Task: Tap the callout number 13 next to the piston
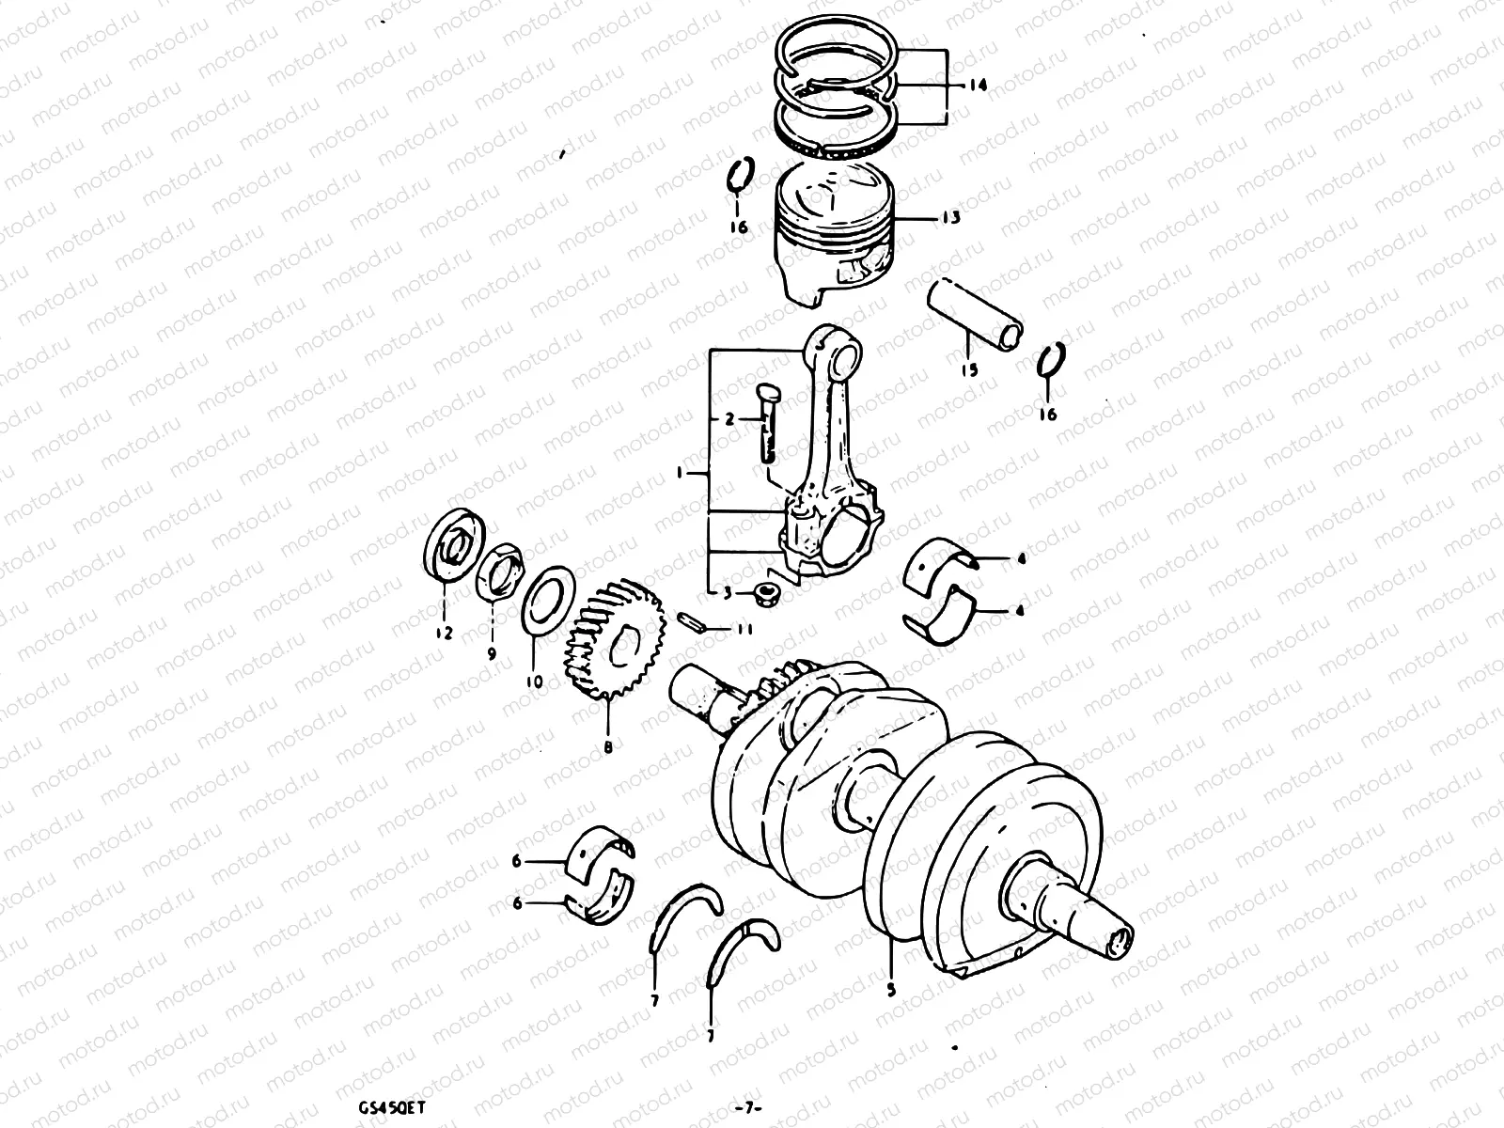950,218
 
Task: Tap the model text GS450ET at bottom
385,1108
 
